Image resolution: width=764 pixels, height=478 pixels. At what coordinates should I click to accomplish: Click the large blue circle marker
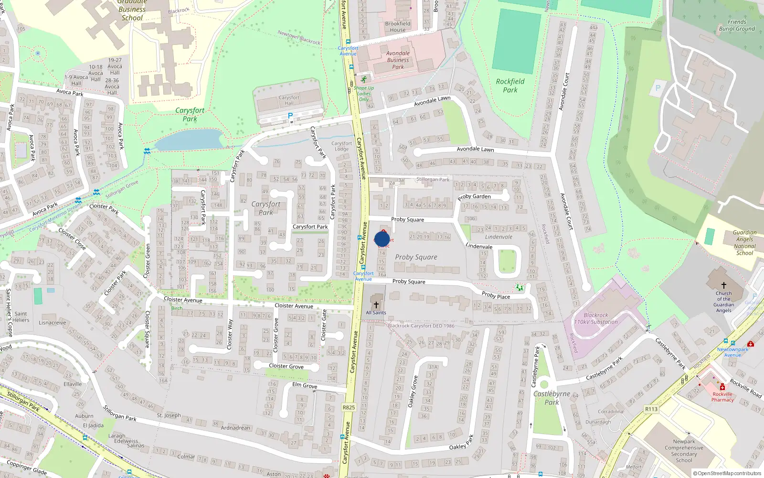[382, 239]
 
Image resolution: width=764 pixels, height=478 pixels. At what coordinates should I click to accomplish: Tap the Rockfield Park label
[510, 86]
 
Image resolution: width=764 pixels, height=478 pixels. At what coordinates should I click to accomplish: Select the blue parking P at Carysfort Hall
[290, 116]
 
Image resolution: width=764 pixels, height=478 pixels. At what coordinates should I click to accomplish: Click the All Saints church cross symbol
[376, 304]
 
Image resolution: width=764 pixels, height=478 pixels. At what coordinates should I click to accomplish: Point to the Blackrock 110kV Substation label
[596, 318]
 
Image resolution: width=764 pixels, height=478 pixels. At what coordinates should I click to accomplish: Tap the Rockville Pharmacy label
[722, 397]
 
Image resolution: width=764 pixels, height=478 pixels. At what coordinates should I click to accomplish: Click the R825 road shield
[349, 407]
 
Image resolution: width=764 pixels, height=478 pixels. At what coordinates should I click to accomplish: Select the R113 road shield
[651, 409]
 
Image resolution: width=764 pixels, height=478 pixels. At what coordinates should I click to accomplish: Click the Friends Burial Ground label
[737, 25]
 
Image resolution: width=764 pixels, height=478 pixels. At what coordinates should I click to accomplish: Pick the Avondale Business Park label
[398, 60]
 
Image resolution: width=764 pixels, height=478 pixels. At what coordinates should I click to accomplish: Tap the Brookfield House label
[398, 27]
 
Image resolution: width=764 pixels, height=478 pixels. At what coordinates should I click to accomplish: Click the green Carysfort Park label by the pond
[190, 114]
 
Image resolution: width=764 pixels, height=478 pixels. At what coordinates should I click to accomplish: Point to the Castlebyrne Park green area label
[552, 398]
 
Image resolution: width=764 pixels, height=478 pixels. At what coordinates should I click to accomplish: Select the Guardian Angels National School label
[744, 243]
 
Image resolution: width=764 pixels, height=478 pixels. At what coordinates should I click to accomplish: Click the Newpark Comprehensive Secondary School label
[684, 451]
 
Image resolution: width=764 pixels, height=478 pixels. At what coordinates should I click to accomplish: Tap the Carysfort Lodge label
[341, 146]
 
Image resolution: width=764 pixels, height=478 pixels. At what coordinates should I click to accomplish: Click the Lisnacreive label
[53, 323]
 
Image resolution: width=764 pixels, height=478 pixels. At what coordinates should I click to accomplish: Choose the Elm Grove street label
[305, 385]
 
